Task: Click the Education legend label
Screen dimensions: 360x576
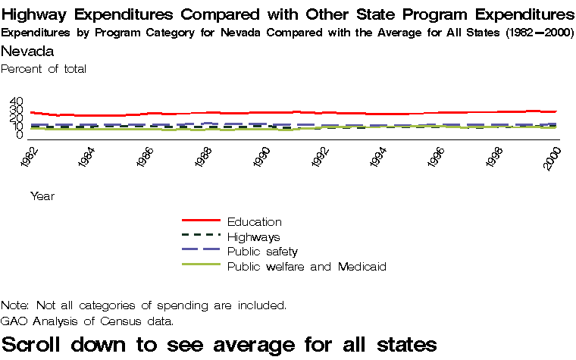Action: [255, 222]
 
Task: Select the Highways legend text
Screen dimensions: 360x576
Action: [254, 237]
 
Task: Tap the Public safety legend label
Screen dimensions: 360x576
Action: [262, 252]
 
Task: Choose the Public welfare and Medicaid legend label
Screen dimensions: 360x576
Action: [307, 267]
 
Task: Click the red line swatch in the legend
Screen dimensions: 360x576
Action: [201, 221]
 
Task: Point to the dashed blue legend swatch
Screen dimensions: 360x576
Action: [201, 250]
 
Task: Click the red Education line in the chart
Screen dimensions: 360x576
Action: [303, 112]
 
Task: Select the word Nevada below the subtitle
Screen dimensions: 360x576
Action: [27, 52]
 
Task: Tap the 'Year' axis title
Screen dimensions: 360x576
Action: [42, 196]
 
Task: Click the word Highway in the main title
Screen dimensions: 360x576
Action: [35, 15]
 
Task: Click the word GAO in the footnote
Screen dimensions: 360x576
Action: [13, 321]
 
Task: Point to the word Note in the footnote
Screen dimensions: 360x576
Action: [14, 305]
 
